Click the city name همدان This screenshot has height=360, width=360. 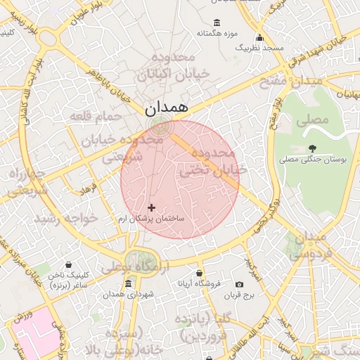pyautogui.click(x=166, y=108)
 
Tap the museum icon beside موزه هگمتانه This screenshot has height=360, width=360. pyautogui.click(x=215, y=22)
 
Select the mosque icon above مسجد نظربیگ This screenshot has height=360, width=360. pyautogui.click(x=259, y=38)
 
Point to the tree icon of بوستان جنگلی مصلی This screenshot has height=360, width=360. pyautogui.click(x=312, y=148)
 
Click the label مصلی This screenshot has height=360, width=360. pyautogui.click(x=312, y=120)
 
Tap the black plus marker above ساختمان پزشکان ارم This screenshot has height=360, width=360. pyautogui.click(x=151, y=207)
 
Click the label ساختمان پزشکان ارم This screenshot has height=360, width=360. pyautogui.click(x=151, y=219)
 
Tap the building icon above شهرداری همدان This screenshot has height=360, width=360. pyautogui.click(x=128, y=284)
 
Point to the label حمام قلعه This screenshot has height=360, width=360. pyautogui.click(x=95, y=115)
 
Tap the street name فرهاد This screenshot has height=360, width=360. pyautogui.click(x=89, y=190)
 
